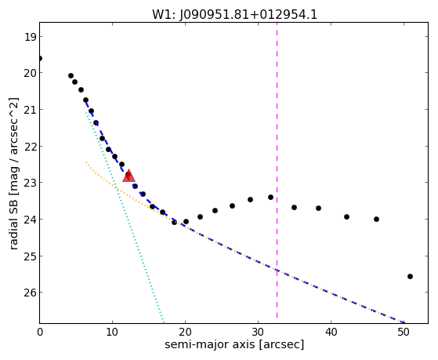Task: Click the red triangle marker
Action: coord(129,176)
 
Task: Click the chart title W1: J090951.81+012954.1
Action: coord(234,14)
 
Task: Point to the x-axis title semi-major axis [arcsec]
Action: coord(234,344)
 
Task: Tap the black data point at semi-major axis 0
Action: coord(40,59)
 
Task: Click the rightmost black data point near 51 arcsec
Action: coord(410,276)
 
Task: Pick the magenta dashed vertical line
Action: coord(277,170)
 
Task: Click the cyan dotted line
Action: coord(125,216)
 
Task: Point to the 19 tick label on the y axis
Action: coord(30,37)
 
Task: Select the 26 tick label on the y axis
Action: coord(30,293)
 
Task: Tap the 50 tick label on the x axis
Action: coord(404,332)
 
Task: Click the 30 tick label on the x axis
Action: coord(258,332)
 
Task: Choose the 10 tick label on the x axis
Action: coord(112,332)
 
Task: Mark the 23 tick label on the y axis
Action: coord(30,183)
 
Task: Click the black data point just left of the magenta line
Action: coord(270,197)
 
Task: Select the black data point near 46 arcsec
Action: coord(376,219)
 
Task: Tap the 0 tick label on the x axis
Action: coord(40,332)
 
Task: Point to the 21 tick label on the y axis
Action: coord(30,110)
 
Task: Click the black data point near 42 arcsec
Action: coord(346,216)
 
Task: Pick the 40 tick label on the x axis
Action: coord(331,332)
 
